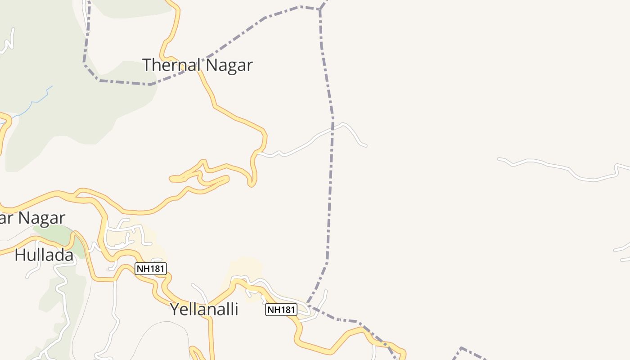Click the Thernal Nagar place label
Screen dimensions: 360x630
[198, 65]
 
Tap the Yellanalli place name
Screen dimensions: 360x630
[204, 309]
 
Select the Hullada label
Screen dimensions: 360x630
[44, 255]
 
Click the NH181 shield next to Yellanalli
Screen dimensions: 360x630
[281, 310]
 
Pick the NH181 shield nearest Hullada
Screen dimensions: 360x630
[151, 269]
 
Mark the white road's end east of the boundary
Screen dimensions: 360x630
[365, 145]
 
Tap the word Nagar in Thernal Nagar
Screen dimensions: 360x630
[226, 65]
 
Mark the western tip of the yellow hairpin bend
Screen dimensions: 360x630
[171, 179]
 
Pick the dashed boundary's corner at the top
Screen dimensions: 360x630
[319, 9]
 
